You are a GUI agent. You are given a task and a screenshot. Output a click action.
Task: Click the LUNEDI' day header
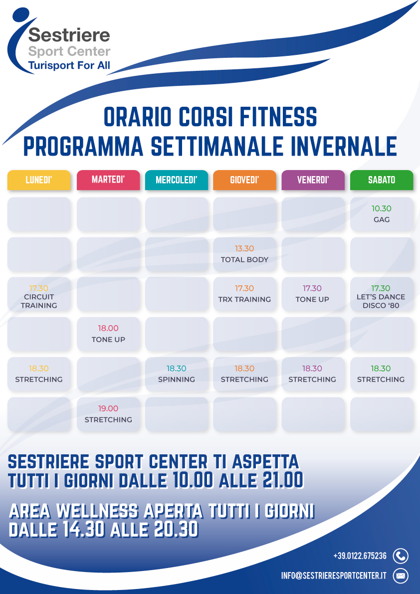39,180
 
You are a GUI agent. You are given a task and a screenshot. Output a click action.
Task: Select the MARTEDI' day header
108,180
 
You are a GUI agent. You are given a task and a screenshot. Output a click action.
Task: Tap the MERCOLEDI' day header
177,180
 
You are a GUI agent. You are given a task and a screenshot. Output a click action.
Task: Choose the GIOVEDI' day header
244,180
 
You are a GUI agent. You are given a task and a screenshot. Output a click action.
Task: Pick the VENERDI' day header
313,180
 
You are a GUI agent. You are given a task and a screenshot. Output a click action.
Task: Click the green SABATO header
382,180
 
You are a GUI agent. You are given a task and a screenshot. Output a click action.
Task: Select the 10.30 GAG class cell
382,214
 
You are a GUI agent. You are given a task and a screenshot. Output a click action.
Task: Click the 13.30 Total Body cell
244,254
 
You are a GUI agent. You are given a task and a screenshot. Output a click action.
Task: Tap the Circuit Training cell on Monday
39,294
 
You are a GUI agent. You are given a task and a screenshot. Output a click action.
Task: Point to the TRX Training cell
244,294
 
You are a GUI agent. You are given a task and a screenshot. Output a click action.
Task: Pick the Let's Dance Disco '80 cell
382,294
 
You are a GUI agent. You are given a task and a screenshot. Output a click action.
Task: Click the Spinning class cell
177,374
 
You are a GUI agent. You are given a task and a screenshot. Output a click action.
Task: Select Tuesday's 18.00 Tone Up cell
108,334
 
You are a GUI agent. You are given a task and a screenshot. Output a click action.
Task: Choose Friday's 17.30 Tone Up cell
313,294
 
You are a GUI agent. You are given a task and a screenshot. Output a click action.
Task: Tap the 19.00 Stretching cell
108,414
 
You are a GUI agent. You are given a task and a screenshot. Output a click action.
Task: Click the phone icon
401,556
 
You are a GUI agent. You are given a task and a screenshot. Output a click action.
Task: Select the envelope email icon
401,576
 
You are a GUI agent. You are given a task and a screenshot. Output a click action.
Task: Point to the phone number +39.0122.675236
360,556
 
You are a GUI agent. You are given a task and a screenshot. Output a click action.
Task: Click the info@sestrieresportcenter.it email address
334,576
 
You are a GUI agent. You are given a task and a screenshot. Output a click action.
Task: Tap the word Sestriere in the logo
69,35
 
